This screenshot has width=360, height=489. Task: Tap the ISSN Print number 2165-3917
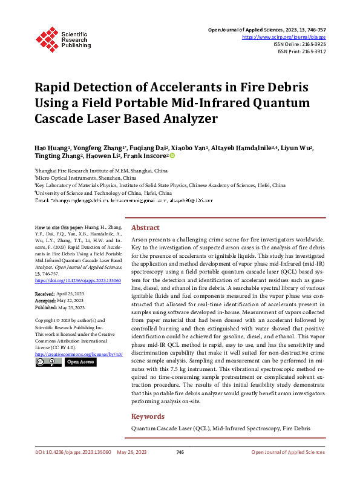pyautogui.click(x=313, y=51)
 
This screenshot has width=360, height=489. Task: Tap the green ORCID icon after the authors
pyautogui.click(x=172, y=156)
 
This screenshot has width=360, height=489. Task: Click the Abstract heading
pyautogui.click(x=145, y=228)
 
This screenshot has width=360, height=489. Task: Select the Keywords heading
pyautogui.click(x=148, y=416)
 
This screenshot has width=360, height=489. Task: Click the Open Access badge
pyautogui.click(x=80, y=362)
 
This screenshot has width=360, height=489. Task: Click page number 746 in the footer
pyautogui.click(x=180, y=452)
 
